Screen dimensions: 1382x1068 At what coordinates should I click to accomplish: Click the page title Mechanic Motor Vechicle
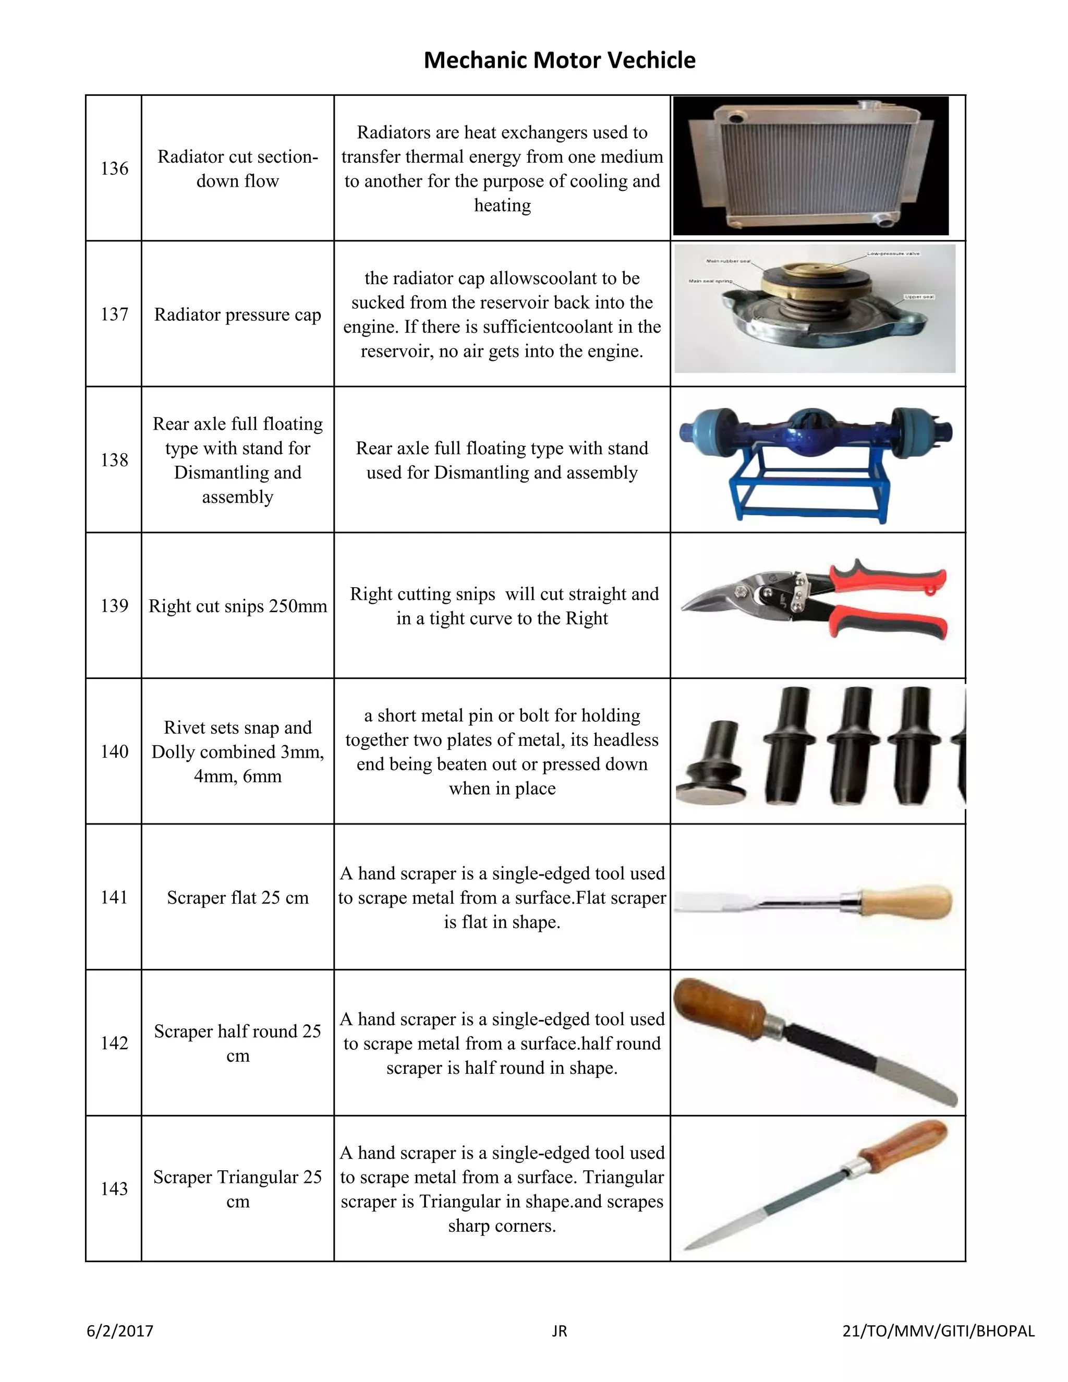click(560, 60)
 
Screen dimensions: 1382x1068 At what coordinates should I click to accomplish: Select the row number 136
click(115, 168)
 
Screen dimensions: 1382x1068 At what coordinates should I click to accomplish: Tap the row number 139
click(115, 605)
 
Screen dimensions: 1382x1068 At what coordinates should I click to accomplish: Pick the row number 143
click(115, 1189)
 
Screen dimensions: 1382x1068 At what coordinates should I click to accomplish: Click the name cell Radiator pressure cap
click(237, 314)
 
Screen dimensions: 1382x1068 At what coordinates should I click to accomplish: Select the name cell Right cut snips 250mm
click(237, 605)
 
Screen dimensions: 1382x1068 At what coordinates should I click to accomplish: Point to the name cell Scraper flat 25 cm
click(237, 898)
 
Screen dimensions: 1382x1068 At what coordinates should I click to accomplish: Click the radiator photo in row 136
click(811, 166)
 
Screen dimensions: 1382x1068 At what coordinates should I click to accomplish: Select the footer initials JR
click(560, 1331)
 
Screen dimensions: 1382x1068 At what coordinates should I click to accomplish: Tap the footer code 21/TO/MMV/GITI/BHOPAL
click(938, 1331)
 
